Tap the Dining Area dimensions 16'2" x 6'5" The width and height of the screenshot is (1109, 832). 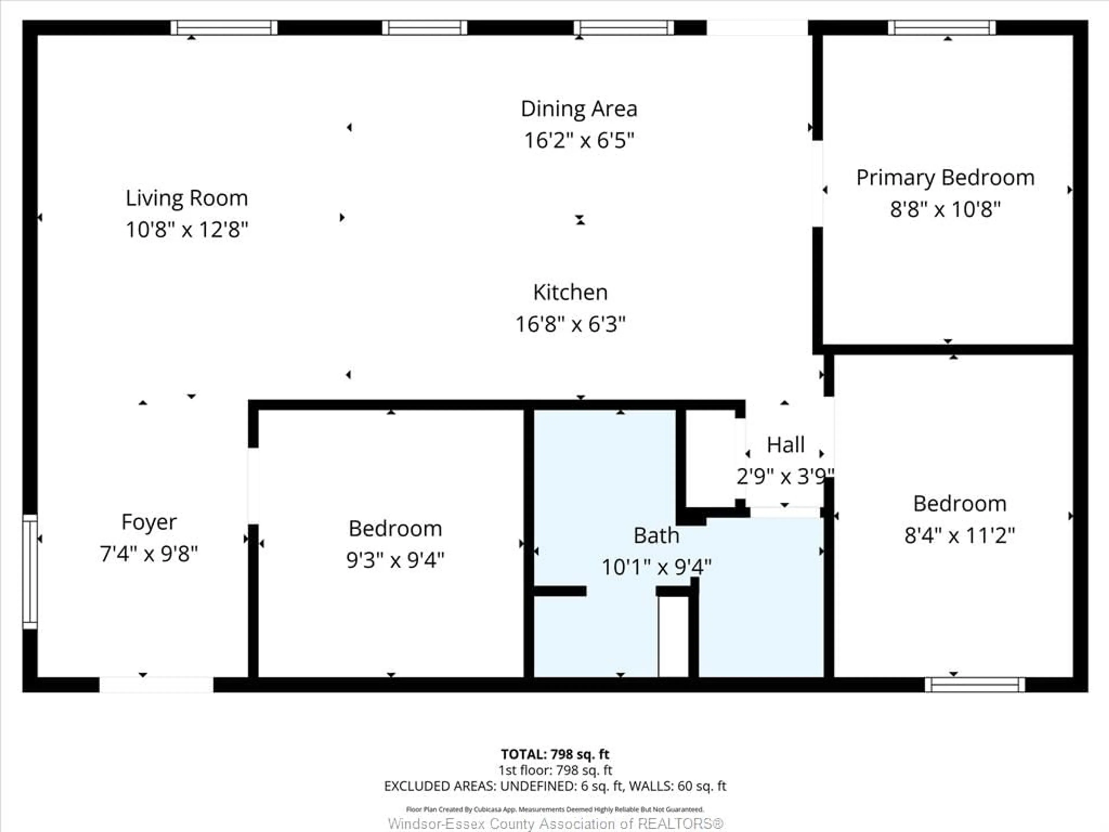click(x=579, y=140)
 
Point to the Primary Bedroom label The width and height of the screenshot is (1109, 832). click(x=945, y=178)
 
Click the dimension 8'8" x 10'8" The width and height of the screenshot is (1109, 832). click(x=945, y=209)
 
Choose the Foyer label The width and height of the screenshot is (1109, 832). click(x=149, y=522)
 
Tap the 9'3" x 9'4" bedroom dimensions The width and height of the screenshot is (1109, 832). click(x=395, y=560)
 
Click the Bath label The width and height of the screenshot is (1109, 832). click(x=656, y=536)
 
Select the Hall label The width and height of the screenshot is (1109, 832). click(x=785, y=445)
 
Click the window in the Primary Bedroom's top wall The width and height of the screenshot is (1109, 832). click(x=941, y=27)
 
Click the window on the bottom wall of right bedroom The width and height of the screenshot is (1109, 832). click(x=975, y=685)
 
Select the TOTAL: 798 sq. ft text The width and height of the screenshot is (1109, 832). click(x=555, y=754)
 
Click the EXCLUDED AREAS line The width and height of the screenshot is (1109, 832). click(x=555, y=786)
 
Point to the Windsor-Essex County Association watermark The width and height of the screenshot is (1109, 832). click(x=555, y=824)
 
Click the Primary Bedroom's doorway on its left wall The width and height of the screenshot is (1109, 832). click(x=817, y=183)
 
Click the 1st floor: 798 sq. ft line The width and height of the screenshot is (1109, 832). click(x=555, y=770)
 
